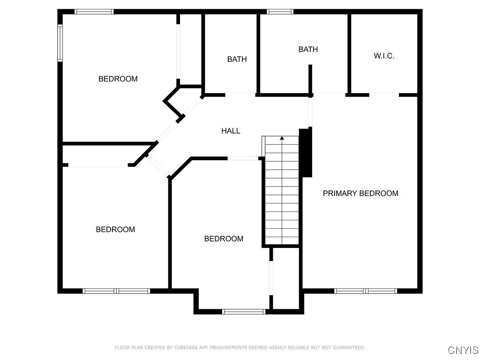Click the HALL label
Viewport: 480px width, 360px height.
(x=231, y=131)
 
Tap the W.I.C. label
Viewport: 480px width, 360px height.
(x=384, y=56)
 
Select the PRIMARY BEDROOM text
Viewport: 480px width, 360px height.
(x=360, y=193)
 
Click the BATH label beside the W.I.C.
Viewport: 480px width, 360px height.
(x=308, y=49)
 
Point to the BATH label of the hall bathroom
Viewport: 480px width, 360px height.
(x=237, y=59)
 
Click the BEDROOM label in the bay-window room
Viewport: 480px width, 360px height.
(x=224, y=239)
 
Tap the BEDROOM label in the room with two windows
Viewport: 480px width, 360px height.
(x=118, y=79)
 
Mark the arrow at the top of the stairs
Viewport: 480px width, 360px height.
(x=282, y=138)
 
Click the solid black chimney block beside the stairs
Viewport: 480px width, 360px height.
(x=306, y=152)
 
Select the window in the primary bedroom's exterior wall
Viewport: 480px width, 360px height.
(x=366, y=291)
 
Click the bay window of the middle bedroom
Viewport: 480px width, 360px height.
(x=244, y=311)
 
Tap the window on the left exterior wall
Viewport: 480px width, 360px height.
(x=60, y=43)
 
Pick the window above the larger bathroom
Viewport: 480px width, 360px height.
(x=280, y=12)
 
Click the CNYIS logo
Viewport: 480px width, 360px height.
(x=463, y=350)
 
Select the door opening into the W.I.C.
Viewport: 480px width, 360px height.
(x=384, y=95)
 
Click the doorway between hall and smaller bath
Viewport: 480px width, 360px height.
(x=240, y=95)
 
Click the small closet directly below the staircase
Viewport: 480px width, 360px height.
(x=286, y=278)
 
